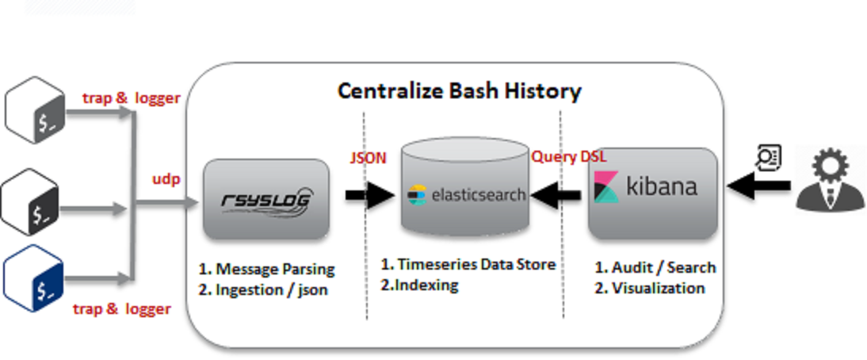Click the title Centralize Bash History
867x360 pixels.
[459, 90]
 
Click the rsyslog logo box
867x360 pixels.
[265, 199]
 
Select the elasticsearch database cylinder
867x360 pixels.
[464, 190]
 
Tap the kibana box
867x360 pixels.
[651, 191]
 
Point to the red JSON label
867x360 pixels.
[368, 158]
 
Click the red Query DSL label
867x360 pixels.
[568, 157]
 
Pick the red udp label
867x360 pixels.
[166, 179]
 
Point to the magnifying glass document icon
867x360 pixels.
[767, 159]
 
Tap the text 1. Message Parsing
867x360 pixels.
[265, 269]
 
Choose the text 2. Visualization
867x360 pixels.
[649, 287]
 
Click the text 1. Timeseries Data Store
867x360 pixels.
[468, 264]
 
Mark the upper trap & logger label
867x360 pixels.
[132, 98]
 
